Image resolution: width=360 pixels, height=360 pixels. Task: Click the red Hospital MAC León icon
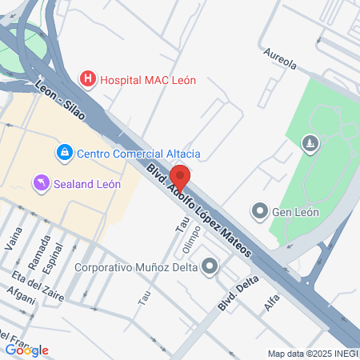click(x=88, y=79)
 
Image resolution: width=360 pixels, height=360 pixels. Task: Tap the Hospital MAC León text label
click(x=148, y=80)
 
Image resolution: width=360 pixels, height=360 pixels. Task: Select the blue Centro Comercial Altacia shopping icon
click(x=63, y=152)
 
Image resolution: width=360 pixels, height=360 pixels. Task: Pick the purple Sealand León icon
click(x=41, y=183)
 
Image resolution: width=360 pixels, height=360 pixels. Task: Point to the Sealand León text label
click(x=87, y=183)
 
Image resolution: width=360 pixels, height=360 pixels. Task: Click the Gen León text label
click(x=296, y=212)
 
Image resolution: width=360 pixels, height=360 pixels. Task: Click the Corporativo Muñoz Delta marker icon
click(x=210, y=267)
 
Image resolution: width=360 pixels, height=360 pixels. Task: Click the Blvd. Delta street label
click(x=238, y=294)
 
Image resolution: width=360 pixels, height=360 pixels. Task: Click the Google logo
click(x=26, y=350)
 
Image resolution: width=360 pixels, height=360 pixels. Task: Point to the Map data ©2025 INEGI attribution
click(x=311, y=354)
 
